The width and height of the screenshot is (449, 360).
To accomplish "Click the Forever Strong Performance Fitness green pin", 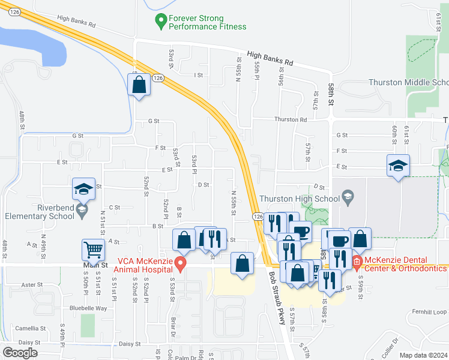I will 160,22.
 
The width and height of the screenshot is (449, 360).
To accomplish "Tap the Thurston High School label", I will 300,199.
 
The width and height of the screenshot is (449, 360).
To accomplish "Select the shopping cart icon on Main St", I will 93,249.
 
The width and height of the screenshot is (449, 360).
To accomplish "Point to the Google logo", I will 20,353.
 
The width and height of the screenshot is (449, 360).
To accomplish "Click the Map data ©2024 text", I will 423,355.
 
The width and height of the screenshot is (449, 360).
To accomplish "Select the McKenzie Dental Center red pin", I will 355,261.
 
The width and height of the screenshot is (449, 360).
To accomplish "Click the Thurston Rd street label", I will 291,119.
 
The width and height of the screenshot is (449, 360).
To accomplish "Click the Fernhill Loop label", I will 431,311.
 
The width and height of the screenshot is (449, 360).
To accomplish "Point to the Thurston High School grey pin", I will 348,196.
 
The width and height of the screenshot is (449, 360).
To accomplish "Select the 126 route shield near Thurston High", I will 258,216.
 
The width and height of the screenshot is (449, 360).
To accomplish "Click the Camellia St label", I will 31,328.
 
